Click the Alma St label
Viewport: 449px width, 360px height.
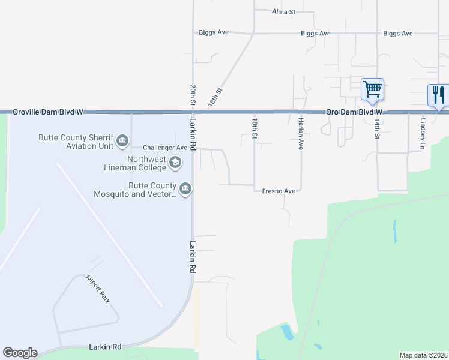click(x=284, y=11)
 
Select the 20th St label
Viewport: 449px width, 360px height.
click(x=193, y=95)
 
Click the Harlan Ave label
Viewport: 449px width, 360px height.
click(x=300, y=130)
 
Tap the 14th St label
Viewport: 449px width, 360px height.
click(x=378, y=128)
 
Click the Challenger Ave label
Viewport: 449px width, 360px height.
click(x=165, y=148)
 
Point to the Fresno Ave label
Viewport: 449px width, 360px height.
click(x=279, y=191)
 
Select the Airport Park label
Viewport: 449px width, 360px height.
click(x=97, y=289)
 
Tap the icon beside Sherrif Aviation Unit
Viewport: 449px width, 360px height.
click(x=122, y=140)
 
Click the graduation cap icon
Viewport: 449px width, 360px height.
click(x=175, y=161)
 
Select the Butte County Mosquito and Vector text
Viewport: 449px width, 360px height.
click(x=135, y=190)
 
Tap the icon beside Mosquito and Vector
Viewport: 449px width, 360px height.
click(x=185, y=190)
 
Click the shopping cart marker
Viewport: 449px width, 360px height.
click(x=372, y=89)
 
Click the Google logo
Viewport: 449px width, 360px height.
click(x=20, y=353)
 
